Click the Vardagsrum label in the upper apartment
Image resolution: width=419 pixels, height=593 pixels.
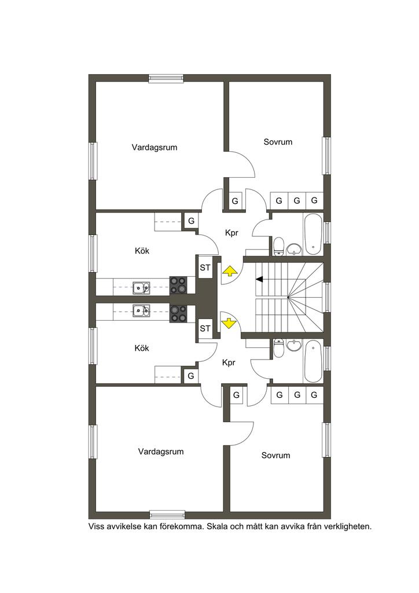coord(154,148)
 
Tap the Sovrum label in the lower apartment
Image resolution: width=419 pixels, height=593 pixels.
coord(276,455)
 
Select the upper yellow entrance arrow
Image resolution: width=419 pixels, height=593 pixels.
coord(229,271)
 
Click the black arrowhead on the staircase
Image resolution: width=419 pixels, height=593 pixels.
coord(259,280)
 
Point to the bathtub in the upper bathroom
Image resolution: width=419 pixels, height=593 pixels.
coord(313,234)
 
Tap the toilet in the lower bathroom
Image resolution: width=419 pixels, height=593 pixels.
coord(278,348)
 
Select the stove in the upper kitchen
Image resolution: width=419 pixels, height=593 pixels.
coord(178,285)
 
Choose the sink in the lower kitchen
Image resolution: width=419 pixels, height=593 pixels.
coord(141,310)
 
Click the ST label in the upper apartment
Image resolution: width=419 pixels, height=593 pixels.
coord(205,268)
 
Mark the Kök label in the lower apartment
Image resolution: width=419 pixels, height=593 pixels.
coord(142,348)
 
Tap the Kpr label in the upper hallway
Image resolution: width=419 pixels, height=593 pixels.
coord(231,233)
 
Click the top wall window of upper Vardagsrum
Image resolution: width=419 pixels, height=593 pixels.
coord(166,78)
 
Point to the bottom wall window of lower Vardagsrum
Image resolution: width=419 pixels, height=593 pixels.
coord(167,514)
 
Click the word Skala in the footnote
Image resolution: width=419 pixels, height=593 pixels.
coord(216,526)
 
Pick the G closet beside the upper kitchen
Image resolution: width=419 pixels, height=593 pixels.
coord(191,221)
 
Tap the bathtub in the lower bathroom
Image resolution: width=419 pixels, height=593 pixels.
coord(313,361)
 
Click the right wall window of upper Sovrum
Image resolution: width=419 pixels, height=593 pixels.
coord(326,155)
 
